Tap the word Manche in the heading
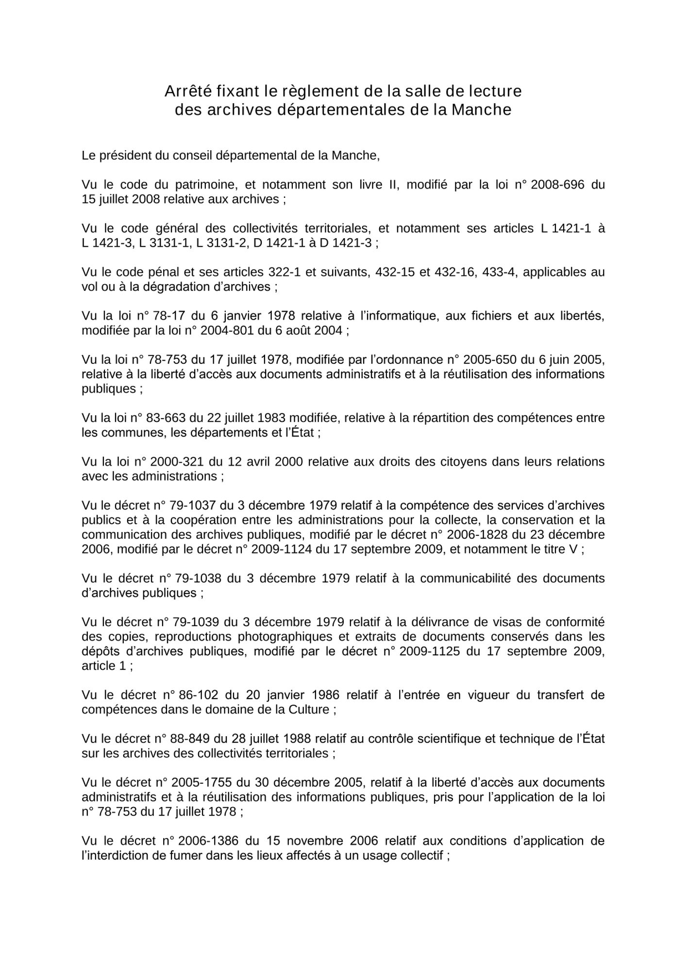[482, 110]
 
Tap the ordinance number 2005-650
[490, 359]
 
